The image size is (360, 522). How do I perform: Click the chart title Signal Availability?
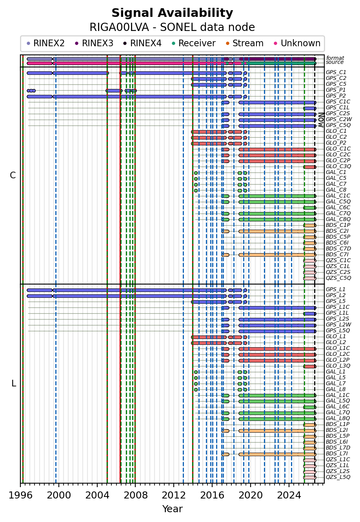[172, 13]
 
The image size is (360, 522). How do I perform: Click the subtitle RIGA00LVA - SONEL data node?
[172, 27]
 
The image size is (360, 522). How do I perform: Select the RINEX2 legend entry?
[45, 43]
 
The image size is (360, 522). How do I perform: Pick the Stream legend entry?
[245, 43]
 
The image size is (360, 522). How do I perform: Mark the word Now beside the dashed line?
[321, 120]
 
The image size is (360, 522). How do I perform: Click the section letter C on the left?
[13, 175]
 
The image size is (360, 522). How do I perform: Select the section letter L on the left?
[14, 383]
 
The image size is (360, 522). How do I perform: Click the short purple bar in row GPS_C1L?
[310, 109]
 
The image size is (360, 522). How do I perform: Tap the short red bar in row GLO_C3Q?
[310, 167]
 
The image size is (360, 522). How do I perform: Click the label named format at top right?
[335, 58]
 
